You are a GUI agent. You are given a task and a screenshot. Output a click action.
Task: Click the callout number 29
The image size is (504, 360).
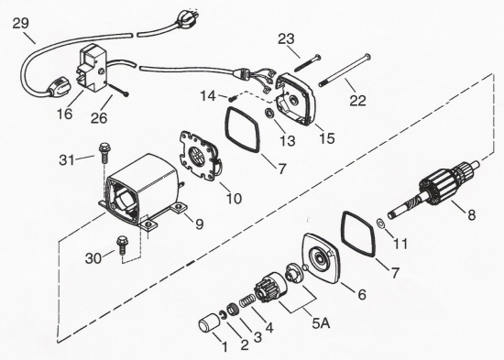[20, 23]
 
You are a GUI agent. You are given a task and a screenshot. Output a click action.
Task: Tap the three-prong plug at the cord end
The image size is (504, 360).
[185, 17]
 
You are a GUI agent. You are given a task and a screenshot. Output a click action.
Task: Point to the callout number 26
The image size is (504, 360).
[99, 118]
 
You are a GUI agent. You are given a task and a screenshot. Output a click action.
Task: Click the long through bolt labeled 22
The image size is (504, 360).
[345, 71]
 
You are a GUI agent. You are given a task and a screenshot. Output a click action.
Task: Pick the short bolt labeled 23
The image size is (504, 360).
[307, 63]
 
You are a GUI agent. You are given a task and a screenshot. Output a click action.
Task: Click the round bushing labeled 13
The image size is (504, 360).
[269, 114]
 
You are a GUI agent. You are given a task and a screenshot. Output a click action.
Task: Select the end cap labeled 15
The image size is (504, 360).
[294, 99]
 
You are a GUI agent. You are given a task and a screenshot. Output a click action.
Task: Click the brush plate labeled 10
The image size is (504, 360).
[199, 157]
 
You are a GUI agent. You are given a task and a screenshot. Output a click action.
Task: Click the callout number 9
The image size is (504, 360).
[199, 224]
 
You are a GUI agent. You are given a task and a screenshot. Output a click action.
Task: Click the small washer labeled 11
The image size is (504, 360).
[380, 224]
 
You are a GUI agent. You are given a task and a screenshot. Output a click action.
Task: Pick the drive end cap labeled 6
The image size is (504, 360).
[320, 258]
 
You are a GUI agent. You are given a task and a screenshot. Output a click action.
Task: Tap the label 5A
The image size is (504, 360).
[321, 323]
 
